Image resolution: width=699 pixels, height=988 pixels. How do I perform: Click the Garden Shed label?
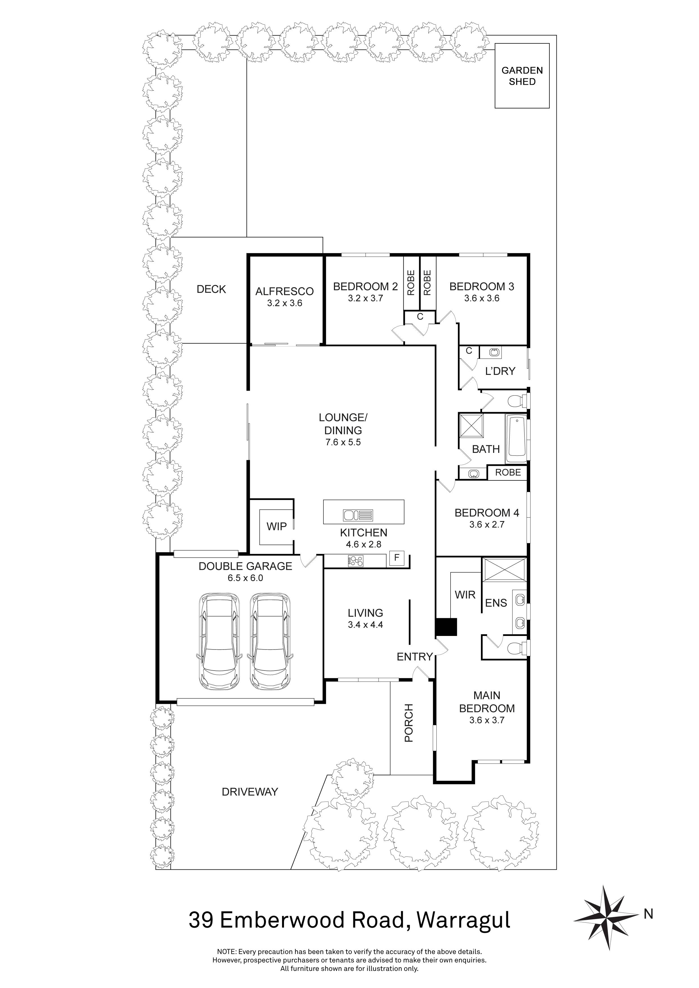coord(522,76)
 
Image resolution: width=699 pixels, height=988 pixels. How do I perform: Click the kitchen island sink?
coord(358,515)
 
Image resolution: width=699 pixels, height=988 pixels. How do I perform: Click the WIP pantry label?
coord(276,526)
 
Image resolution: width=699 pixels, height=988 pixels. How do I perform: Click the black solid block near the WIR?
coord(445,627)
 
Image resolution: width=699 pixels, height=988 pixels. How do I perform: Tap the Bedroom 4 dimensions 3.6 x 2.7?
coord(486,524)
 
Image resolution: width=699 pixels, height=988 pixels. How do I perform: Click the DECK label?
coord(211,289)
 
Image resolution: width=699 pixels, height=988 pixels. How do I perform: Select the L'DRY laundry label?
coord(500,371)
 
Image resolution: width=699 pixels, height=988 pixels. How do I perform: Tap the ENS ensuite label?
coord(496,603)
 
